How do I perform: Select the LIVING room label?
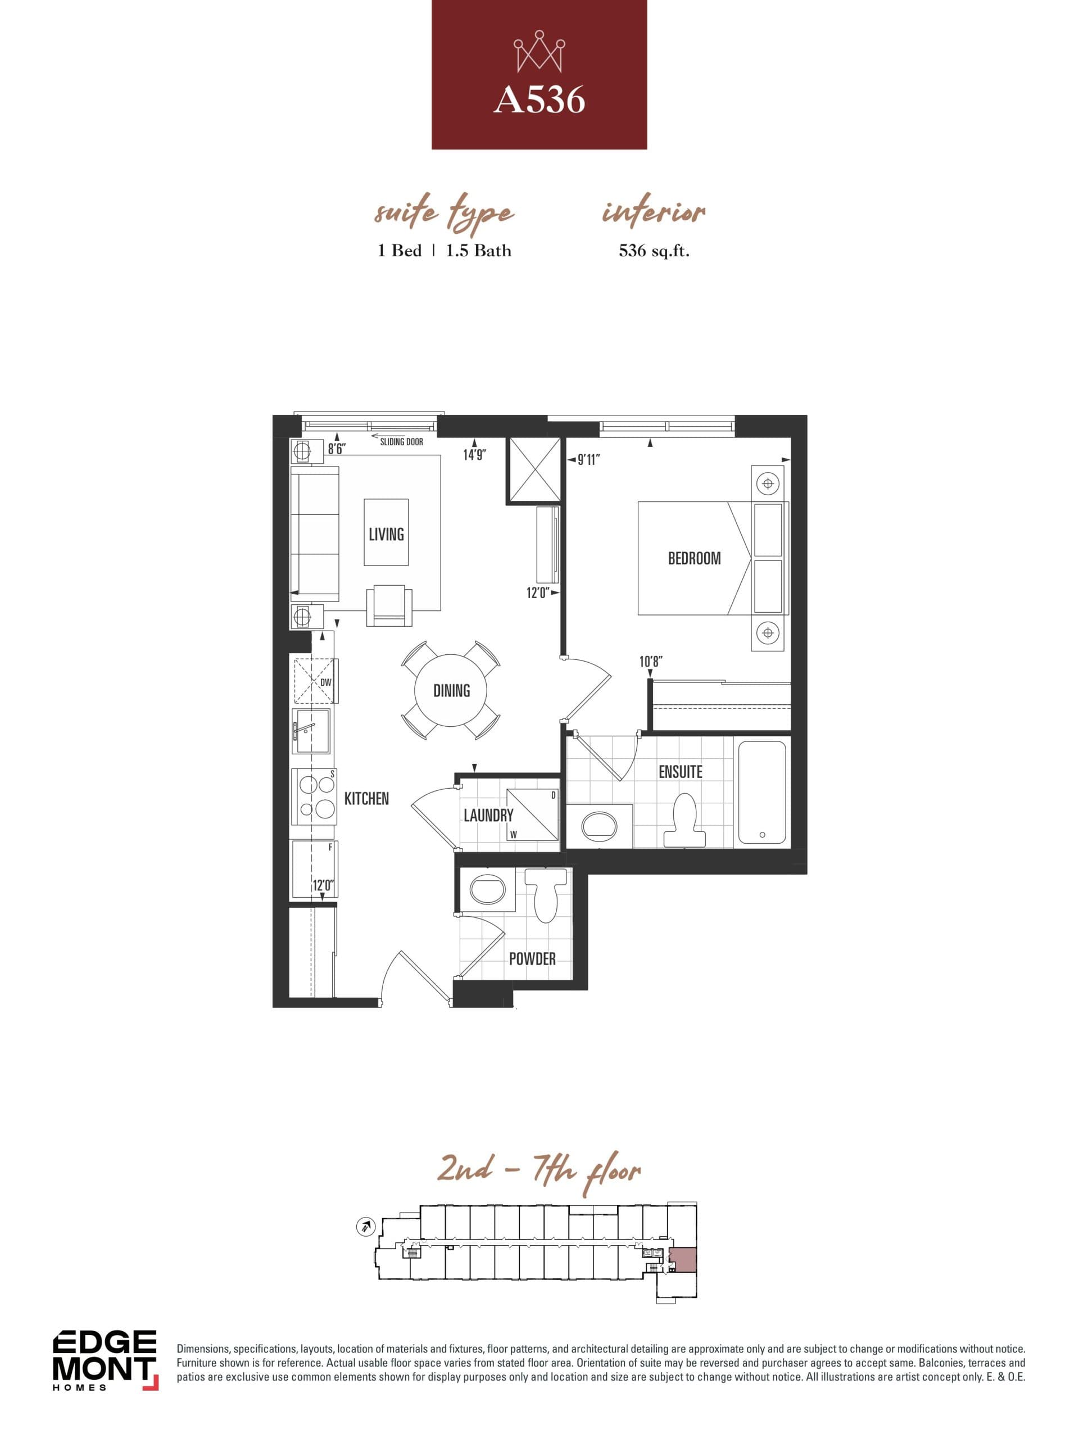click(x=386, y=534)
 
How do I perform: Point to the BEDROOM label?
click(x=694, y=558)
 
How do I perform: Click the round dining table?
click(x=451, y=691)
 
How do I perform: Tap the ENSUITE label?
click(x=681, y=772)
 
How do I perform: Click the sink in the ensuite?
click(x=599, y=826)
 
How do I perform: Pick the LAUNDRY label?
click(x=488, y=815)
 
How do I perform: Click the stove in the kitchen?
click(x=316, y=797)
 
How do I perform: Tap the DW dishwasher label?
click(x=325, y=682)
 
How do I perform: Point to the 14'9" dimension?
click(x=474, y=455)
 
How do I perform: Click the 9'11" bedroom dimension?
click(x=588, y=460)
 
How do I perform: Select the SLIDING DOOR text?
click(x=401, y=442)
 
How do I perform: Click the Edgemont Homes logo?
click(x=105, y=1360)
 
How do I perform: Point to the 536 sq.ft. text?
click(x=654, y=251)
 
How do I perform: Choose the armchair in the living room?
click(x=389, y=605)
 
